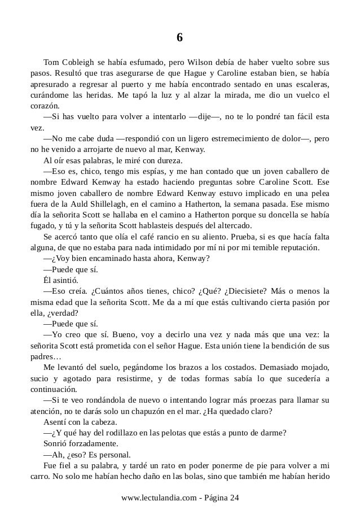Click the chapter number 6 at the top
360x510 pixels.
point(179,38)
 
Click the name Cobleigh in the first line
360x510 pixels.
point(81,62)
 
